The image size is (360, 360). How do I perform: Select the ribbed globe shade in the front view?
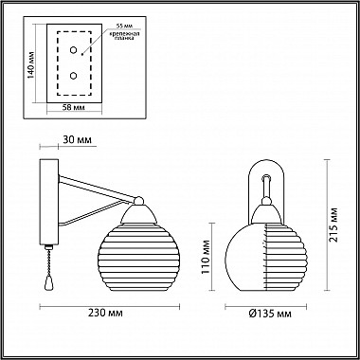[x=268, y=253]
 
